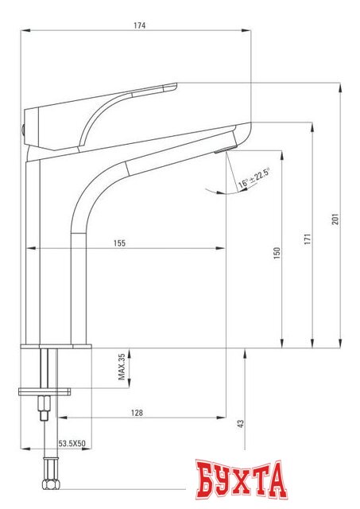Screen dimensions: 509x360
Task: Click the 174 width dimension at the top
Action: pyautogui.click(x=141, y=25)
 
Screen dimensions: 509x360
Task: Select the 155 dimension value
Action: pyautogui.click(x=119, y=243)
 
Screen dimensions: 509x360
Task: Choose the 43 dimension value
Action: pyautogui.click(x=240, y=425)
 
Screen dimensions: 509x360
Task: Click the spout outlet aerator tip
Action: pyautogui.click(x=223, y=149)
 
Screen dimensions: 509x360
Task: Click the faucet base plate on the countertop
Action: pyautogui.click(x=56, y=346)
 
